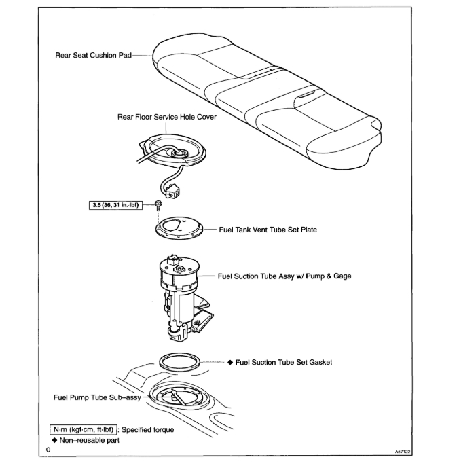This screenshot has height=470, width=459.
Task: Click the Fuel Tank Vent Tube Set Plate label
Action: pos(268,230)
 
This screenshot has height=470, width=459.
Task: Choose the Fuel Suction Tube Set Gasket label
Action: pos(284,362)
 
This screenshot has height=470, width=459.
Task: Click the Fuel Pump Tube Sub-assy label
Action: pos(97,397)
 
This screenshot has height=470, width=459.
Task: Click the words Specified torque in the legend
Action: pos(147,429)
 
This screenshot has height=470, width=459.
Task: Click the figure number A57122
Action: pos(403,450)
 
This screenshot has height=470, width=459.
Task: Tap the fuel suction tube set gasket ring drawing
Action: pos(181,361)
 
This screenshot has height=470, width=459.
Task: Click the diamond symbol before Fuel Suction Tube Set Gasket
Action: pos(230,362)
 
